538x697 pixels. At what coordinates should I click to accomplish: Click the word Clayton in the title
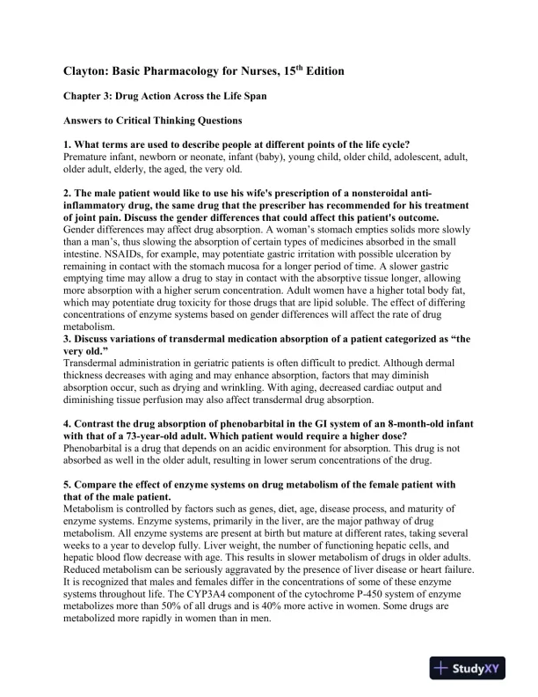87,70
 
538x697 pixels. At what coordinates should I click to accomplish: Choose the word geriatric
196,364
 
